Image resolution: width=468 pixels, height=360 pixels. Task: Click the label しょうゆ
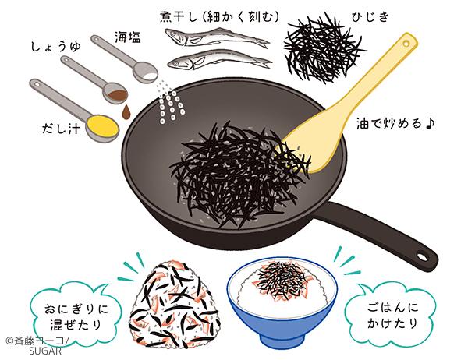coord(56,47)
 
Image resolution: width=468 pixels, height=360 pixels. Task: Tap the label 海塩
coord(128,37)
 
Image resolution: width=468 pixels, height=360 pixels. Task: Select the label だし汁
coord(61,129)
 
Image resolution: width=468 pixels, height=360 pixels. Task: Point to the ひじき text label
coord(370,17)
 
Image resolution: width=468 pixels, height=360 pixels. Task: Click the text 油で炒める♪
coord(395,123)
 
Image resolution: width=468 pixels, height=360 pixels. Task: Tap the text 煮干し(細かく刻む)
coord(220,16)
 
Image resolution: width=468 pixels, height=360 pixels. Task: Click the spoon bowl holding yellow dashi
coord(102,127)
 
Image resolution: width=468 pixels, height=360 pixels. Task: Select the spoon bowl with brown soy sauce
coord(115,93)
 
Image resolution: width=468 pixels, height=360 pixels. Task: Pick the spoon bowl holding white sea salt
coord(145,72)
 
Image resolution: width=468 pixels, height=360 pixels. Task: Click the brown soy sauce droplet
coord(126,113)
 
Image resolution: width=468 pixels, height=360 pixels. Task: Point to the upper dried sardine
coord(218,37)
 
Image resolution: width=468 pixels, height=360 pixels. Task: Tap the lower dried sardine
coord(220,59)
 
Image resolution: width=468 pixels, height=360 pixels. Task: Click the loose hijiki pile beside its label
coord(324,49)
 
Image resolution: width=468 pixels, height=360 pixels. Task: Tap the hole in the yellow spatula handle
coord(406,44)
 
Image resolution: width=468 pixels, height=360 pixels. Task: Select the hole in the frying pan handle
coord(422,257)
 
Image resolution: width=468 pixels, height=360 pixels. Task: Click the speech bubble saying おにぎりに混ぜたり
coord(76,316)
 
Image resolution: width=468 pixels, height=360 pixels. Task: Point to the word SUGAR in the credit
coord(45,351)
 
